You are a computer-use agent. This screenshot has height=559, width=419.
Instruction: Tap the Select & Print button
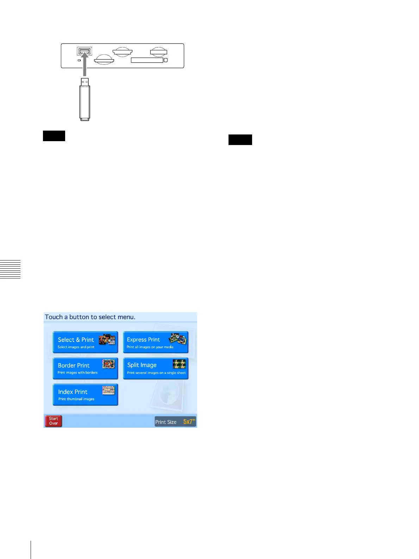click(85, 342)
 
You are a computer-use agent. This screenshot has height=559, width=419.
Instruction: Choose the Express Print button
click(156, 342)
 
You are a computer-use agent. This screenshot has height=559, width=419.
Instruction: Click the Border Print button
click(85, 368)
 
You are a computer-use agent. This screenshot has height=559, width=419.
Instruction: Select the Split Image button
click(156, 368)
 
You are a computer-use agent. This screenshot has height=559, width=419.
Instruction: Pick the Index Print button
click(85, 395)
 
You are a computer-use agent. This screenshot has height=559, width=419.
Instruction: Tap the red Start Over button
click(54, 421)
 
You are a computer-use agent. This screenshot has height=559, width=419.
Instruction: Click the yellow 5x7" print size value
click(189, 422)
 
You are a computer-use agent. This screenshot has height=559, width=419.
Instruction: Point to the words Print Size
click(166, 422)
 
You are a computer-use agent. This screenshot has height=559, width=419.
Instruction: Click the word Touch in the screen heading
click(54, 317)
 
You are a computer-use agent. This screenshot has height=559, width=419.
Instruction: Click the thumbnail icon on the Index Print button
click(108, 390)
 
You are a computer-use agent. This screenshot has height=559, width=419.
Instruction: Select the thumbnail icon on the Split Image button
click(179, 364)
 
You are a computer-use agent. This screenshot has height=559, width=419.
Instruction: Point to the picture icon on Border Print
click(108, 364)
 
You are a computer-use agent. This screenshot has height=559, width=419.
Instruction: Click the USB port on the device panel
click(85, 51)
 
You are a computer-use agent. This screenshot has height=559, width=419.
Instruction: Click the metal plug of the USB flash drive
click(85, 82)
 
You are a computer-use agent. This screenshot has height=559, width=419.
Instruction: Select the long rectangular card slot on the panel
click(147, 60)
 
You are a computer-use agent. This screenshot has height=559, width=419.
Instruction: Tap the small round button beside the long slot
click(166, 60)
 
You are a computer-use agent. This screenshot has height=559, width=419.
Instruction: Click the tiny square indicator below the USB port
click(79, 60)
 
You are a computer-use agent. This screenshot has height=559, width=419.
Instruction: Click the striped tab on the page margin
click(10, 269)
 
